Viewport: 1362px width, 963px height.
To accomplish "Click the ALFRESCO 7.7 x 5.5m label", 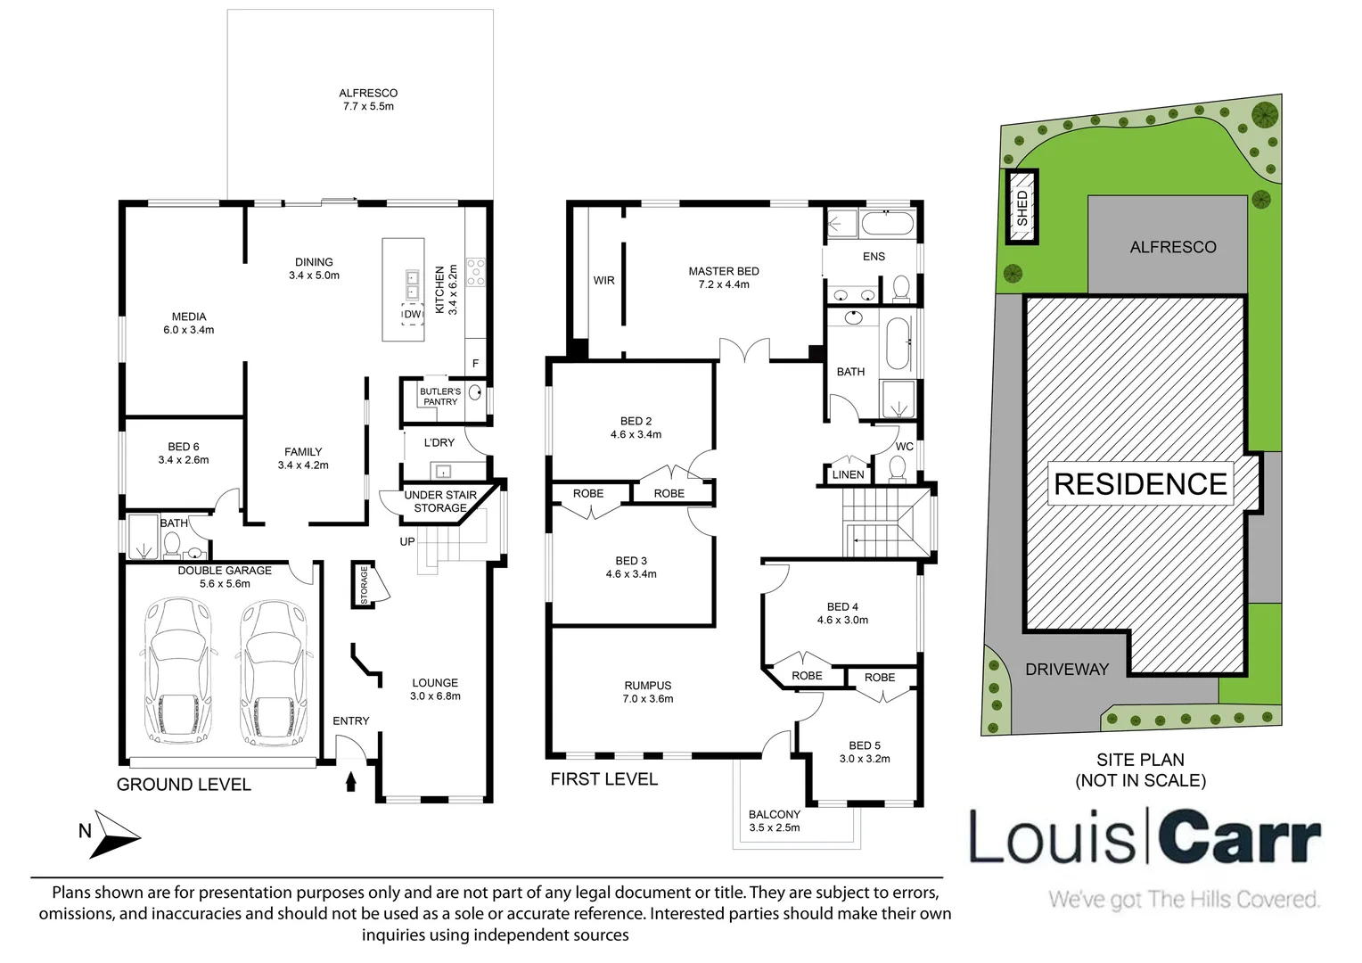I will tap(367, 99).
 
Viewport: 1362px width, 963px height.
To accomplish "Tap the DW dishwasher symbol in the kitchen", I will tap(412, 315).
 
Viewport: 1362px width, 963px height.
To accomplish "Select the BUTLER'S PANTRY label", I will tap(439, 397).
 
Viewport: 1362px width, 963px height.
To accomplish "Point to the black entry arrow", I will tap(350, 781).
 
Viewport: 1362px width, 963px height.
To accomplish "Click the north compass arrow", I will tap(117, 833).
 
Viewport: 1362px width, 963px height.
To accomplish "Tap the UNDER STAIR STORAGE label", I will tap(439, 501).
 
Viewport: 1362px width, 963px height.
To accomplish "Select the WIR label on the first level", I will tap(603, 280).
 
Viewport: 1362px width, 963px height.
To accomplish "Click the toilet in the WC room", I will tap(898, 468).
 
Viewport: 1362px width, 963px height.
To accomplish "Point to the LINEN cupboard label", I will tap(847, 474).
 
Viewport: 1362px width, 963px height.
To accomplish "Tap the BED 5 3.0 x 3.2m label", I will tap(864, 752).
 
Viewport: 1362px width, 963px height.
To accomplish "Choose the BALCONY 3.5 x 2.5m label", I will tap(774, 820).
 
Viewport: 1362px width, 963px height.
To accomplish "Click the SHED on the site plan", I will tap(1021, 207).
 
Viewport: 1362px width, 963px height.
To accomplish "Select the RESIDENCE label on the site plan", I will tap(1140, 484).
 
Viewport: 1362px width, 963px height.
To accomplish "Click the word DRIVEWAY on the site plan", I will tap(1066, 669).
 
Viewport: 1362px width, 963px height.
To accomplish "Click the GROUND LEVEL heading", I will tap(184, 785).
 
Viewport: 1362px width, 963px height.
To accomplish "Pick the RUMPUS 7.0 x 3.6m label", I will tap(648, 692).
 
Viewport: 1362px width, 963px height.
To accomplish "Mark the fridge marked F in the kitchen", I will tap(475, 363).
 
